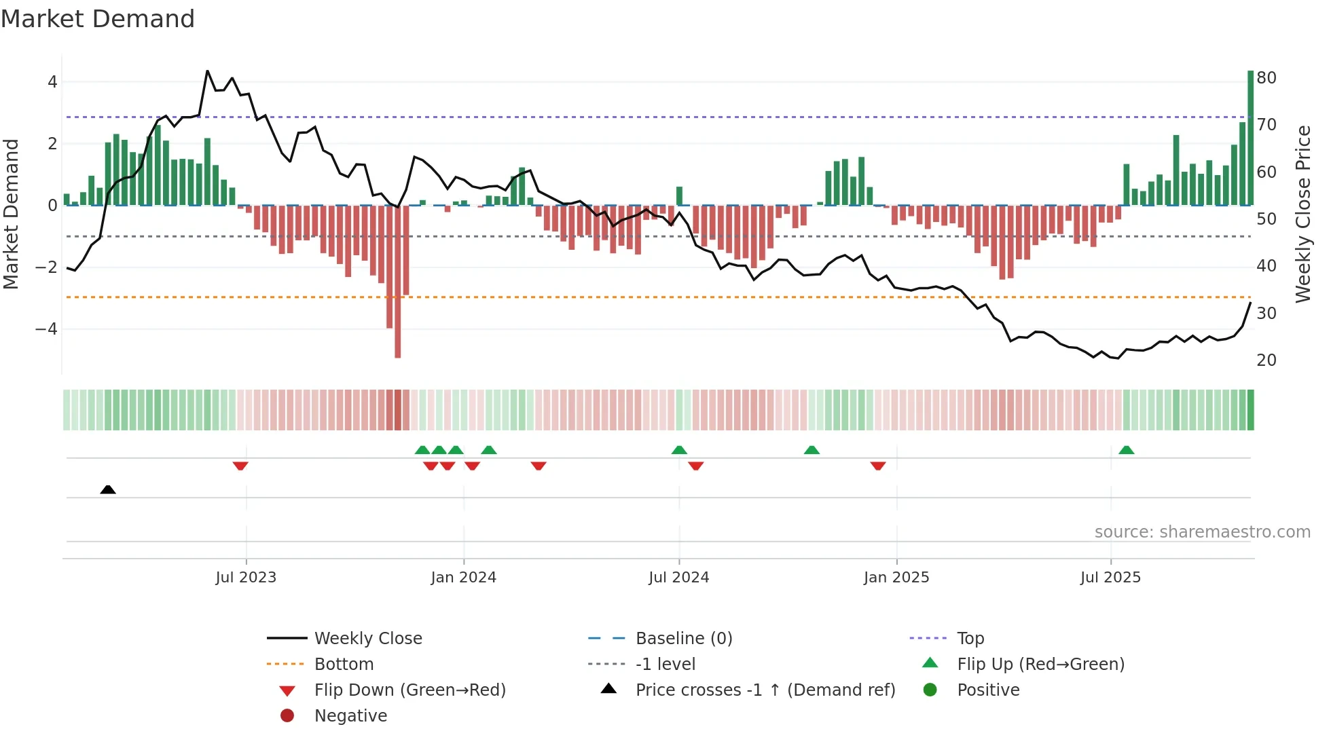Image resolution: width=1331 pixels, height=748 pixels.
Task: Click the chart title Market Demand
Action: coord(98,18)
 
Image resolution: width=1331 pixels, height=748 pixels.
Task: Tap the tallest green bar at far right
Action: coord(1250,136)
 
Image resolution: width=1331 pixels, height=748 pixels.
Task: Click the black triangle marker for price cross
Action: coord(107,489)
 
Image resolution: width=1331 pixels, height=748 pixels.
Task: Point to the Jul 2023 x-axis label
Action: coord(246,577)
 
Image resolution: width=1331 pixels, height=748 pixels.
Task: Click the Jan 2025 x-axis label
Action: coord(896,577)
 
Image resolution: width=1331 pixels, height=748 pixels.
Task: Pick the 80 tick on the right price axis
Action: coord(1266,77)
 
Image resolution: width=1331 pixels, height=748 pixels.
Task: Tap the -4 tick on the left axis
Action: coord(47,329)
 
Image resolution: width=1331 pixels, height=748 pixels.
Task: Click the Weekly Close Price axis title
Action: coord(1302,214)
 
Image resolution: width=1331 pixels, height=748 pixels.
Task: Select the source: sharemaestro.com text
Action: coord(1202,531)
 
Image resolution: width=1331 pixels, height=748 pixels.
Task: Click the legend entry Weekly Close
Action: coord(367,638)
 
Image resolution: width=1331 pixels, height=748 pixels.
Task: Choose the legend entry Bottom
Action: coord(344,664)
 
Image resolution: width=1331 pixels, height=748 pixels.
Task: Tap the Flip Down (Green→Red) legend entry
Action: coord(409,690)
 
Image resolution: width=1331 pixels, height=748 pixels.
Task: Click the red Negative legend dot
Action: coord(287,715)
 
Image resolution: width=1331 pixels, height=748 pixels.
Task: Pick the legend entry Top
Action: coord(970,638)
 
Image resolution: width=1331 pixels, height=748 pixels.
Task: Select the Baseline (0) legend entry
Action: coord(683,638)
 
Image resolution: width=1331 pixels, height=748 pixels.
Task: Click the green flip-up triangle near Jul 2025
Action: coord(1126,450)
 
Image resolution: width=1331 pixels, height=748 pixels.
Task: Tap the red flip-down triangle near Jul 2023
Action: coord(240,466)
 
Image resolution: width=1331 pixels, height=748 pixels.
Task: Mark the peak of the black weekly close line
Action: coord(207,71)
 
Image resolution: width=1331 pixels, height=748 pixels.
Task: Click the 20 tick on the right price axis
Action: coord(1266,360)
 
